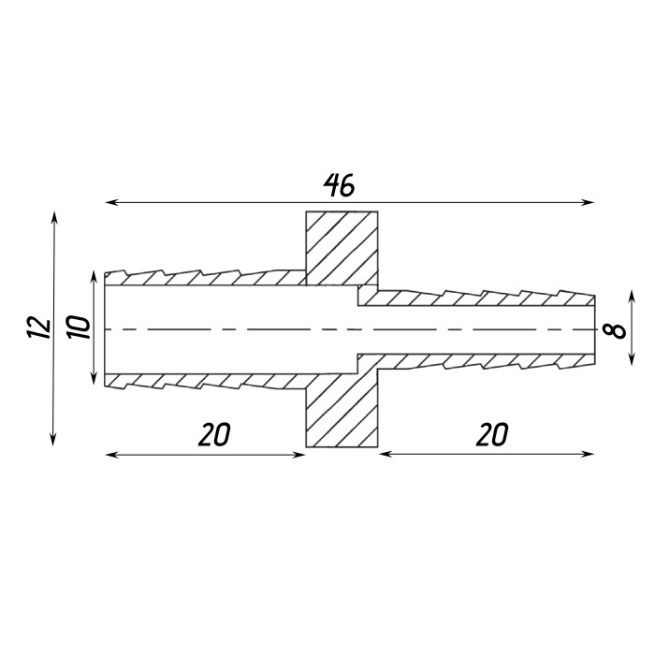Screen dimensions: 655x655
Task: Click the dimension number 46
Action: pyautogui.click(x=339, y=185)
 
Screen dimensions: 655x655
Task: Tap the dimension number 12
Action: pyautogui.click(x=39, y=327)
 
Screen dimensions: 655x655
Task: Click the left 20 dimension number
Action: pyautogui.click(x=214, y=434)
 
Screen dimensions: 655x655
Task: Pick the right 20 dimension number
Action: pyautogui.click(x=492, y=434)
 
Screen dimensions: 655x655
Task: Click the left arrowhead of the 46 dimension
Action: pyautogui.click(x=110, y=203)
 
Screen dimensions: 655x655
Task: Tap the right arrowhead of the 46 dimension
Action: pyautogui.click(x=589, y=203)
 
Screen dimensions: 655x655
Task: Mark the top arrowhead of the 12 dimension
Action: pyautogui.click(x=54, y=217)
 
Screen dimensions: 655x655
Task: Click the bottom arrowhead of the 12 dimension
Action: pyautogui.click(x=53, y=441)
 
